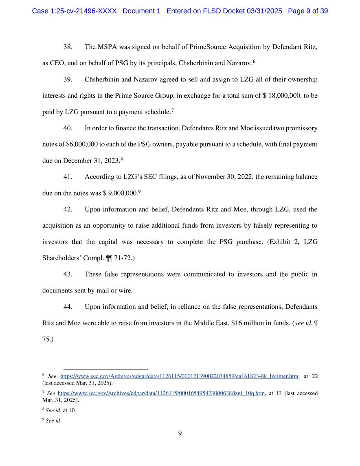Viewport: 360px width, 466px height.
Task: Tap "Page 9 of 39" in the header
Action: [308, 11]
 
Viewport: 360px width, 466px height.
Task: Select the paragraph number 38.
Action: [68, 47]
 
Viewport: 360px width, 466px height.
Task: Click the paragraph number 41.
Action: [68, 177]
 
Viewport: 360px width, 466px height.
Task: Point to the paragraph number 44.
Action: [68, 306]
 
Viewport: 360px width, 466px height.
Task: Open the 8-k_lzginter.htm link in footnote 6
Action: [179, 376]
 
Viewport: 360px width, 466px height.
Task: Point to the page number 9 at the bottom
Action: [180, 433]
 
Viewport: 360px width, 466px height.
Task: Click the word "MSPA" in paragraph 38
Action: [107, 47]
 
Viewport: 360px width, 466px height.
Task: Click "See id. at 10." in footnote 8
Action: [61, 411]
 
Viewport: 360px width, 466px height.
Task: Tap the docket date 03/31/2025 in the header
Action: [264, 11]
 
